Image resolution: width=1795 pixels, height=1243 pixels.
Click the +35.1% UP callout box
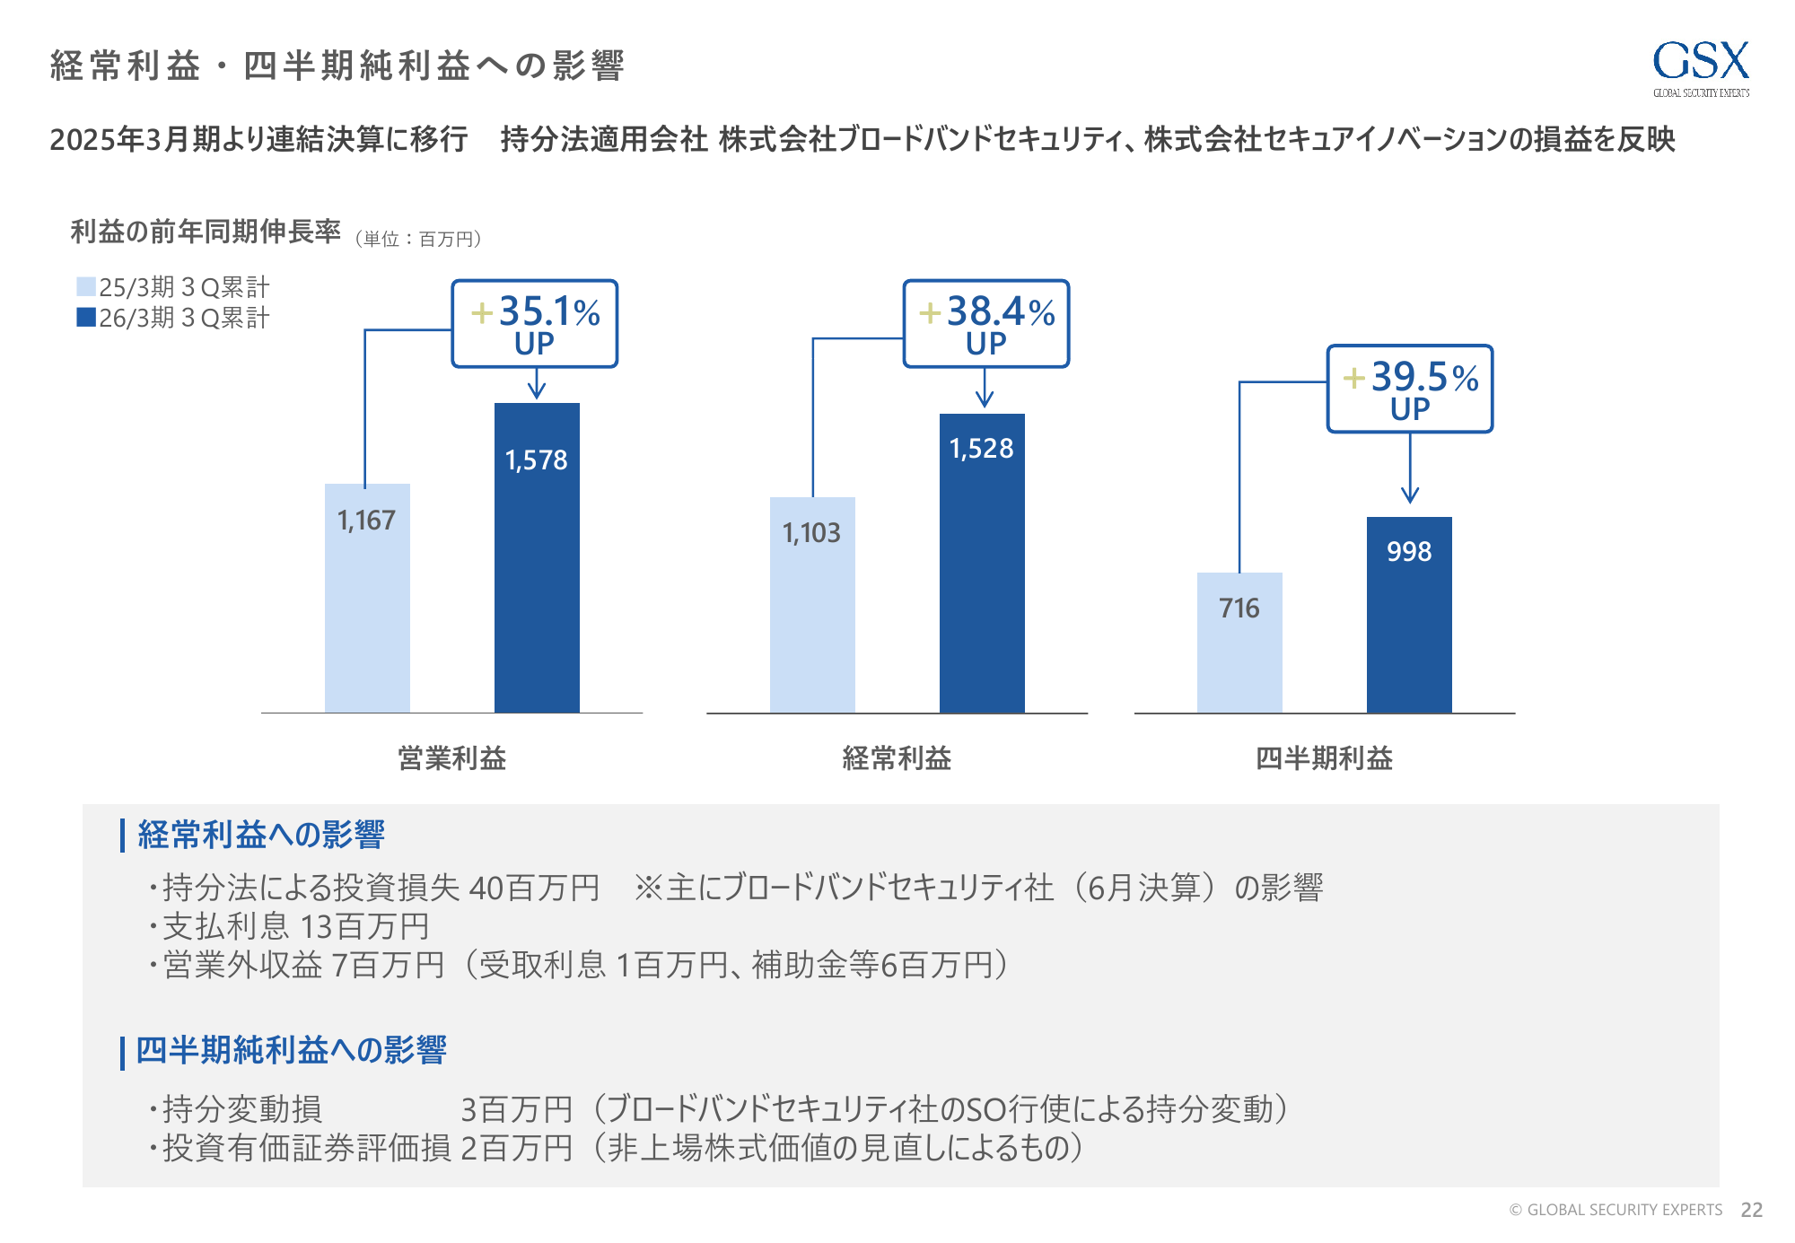pyautogui.click(x=535, y=324)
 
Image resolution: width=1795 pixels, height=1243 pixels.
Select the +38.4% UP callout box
pyautogui.click(x=986, y=324)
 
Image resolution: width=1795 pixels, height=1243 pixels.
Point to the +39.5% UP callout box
pyautogui.click(x=1410, y=389)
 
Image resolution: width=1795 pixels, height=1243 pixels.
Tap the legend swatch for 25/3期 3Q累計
pyautogui.click(x=86, y=286)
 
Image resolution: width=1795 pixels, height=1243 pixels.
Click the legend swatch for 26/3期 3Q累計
pyautogui.click(x=86, y=317)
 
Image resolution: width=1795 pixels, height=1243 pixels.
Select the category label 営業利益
pyautogui.click(x=452, y=758)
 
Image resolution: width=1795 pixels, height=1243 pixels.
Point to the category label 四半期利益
pyautogui.click(x=1324, y=758)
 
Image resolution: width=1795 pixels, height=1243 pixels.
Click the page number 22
pyautogui.click(x=1751, y=1210)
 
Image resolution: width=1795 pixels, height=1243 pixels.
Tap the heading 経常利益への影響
pyautogui.click(x=261, y=835)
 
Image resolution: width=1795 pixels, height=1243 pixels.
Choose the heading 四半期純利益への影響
pyautogui.click(x=291, y=1050)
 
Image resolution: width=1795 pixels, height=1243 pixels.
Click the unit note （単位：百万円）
pyautogui.click(x=419, y=239)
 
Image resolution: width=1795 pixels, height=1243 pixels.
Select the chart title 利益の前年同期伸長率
pyautogui.click(x=206, y=232)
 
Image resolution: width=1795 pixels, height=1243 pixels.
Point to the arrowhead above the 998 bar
pyautogui.click(x=1410, y=495)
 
